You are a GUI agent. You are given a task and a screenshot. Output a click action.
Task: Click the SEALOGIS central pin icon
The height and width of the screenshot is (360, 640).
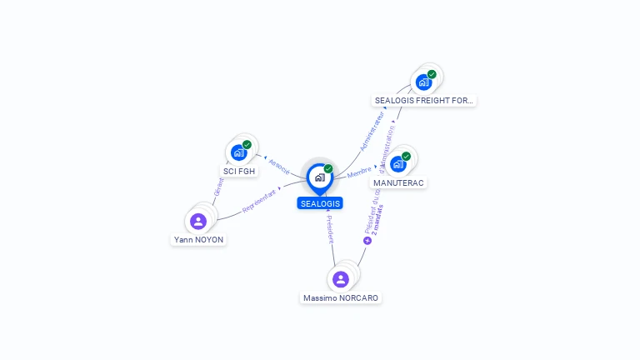(319, 177)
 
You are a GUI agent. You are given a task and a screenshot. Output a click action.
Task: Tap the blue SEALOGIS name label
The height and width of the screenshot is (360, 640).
(320, 203)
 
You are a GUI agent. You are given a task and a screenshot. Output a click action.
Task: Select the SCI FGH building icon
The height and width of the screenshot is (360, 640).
(238, 152)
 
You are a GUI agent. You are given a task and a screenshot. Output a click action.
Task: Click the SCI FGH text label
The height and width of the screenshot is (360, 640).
(239, 172)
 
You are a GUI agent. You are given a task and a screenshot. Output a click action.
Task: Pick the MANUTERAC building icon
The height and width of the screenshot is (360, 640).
(397, 164)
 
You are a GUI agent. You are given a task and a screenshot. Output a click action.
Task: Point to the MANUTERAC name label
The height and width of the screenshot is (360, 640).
(398, 182)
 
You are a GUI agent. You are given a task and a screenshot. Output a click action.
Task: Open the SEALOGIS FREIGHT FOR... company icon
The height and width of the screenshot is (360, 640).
(423, 82)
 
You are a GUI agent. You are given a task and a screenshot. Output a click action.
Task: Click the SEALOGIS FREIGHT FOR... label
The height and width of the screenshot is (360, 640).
(424, 101)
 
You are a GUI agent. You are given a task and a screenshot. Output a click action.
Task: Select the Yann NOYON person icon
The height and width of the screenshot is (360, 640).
(197, 221)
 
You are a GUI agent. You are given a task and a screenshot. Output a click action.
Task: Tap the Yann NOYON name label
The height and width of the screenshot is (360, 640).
(198, 240)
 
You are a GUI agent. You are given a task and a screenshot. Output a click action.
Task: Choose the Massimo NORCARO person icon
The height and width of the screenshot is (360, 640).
(340, 279)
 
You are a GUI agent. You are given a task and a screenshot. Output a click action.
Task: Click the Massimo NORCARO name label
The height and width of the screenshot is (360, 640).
(341, 298)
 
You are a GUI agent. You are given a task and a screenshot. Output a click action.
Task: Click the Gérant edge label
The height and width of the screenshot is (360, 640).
(218, 187)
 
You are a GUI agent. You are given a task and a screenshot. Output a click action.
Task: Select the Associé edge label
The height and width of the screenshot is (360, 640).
(279, 166)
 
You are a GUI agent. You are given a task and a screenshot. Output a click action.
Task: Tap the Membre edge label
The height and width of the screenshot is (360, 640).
(359, 172)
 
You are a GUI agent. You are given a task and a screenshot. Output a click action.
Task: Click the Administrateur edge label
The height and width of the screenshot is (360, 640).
(372, 132)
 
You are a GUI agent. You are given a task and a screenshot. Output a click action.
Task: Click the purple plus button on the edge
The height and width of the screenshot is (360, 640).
(367, 240)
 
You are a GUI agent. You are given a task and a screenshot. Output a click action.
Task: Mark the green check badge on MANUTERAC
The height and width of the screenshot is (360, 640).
(406, 156)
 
